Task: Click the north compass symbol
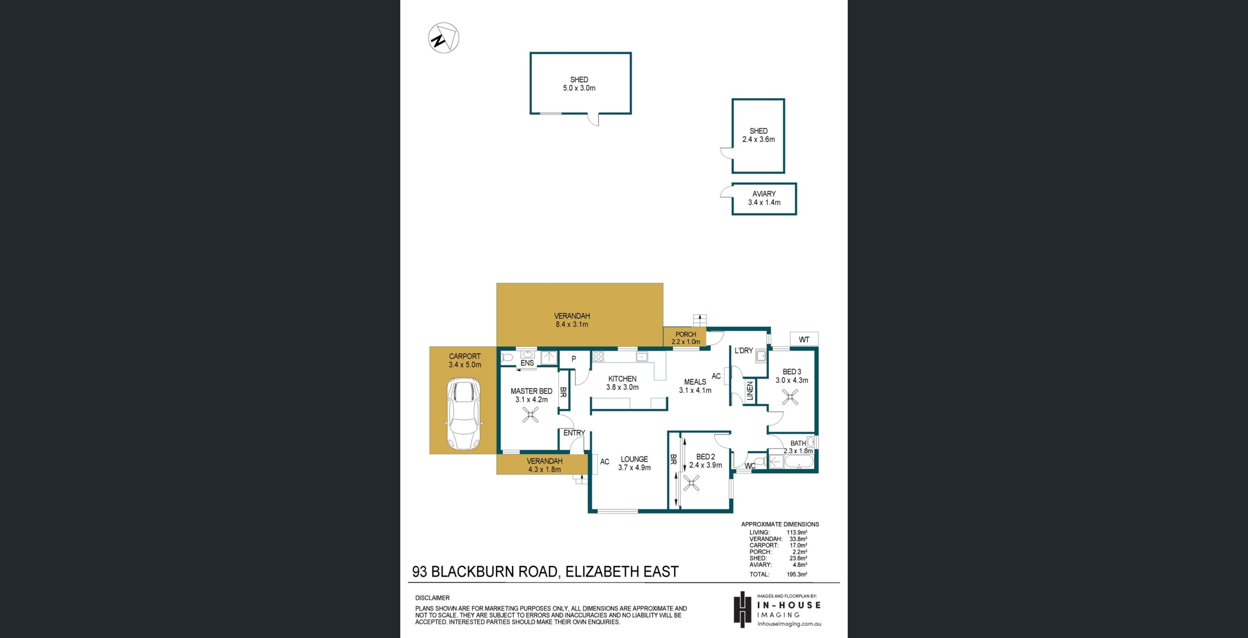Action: point(444,38)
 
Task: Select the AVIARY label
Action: point(764,194)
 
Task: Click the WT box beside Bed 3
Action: point(804,339)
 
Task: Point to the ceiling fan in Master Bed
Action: point(530,415)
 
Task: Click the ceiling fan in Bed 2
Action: point(691,484)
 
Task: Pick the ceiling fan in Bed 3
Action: point(790,397)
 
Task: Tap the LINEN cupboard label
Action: point(750,391)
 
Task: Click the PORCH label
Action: point(686,335)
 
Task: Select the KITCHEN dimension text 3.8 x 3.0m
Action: point(622,387)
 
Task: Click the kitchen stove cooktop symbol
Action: point(599,357)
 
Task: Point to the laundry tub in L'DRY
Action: point(760,357)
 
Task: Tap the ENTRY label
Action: point(574,433)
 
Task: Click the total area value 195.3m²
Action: point(797,574)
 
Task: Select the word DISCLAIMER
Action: point(432,598)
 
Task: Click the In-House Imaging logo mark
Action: point(742,609)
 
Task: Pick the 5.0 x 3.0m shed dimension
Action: point(579,88)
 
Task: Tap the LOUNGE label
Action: point(634,459)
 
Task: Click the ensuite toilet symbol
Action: point(508,357)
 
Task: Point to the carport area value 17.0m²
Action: point(799,545)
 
